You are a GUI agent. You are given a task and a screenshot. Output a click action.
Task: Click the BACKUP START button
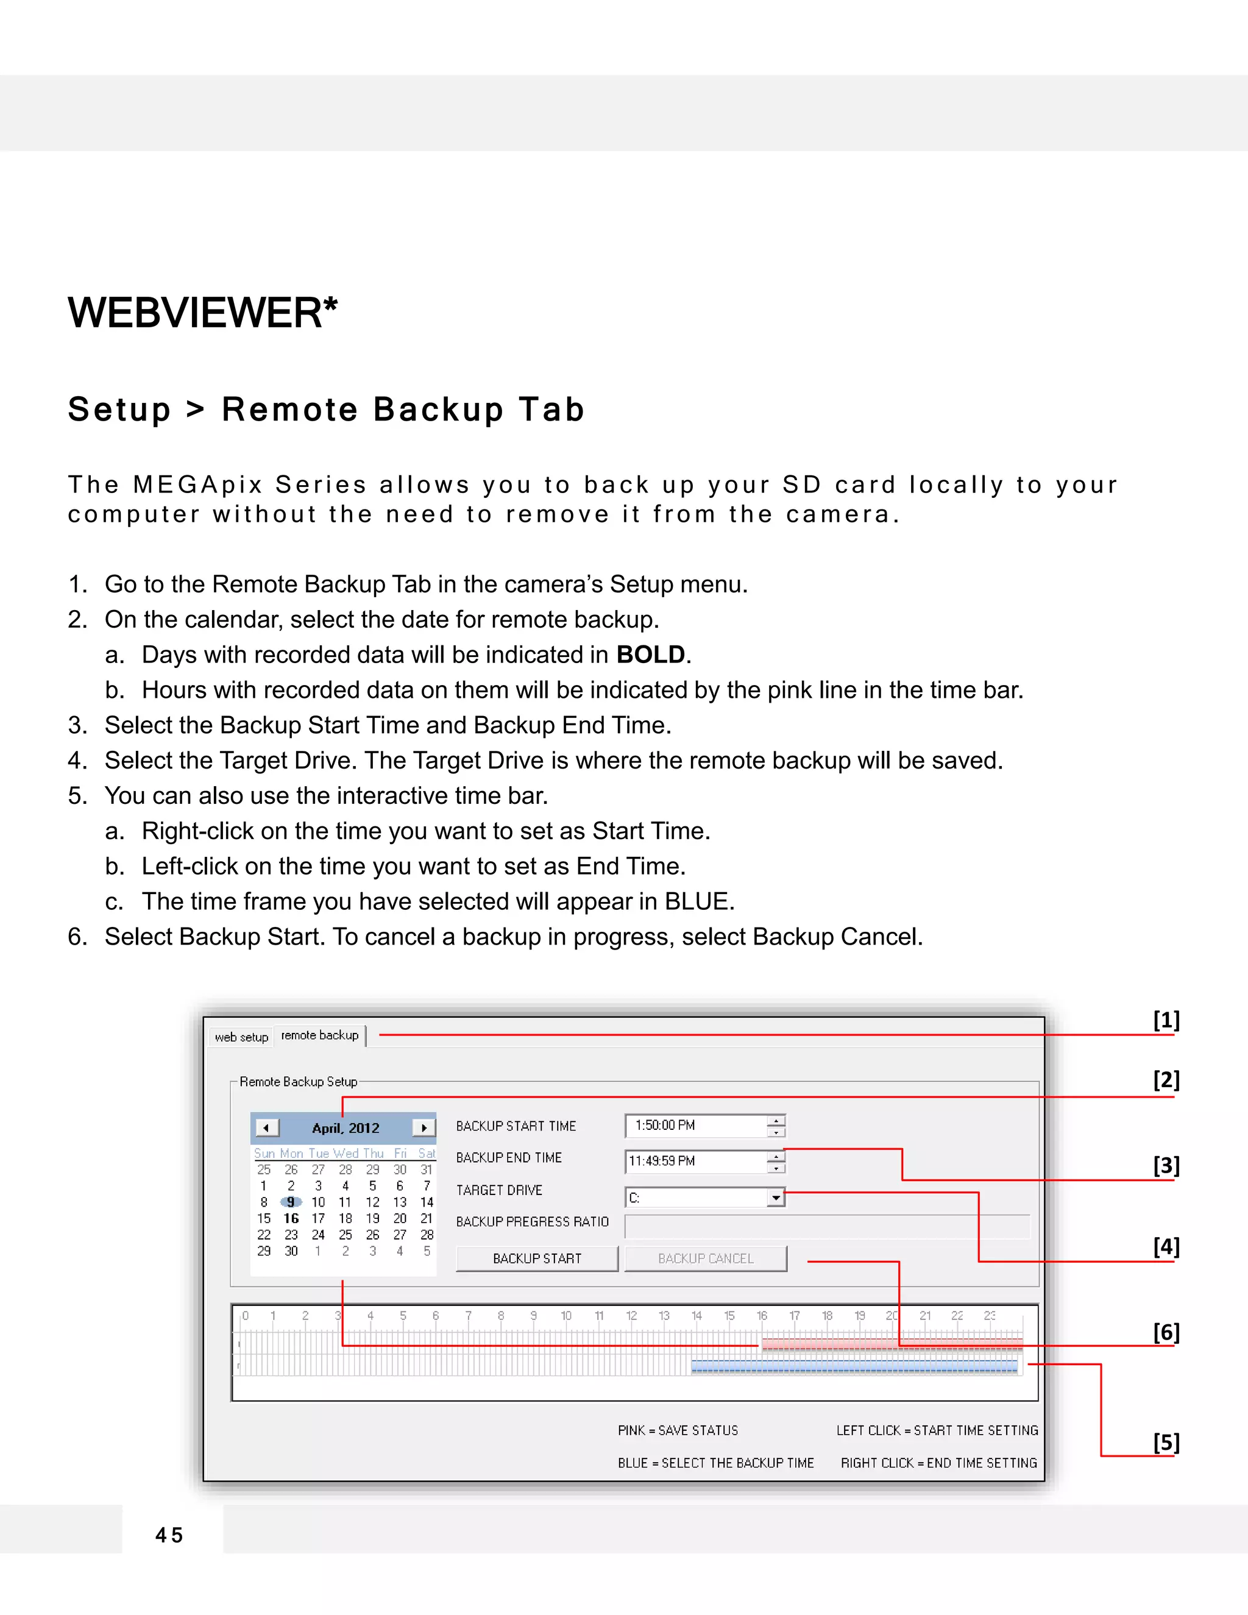coord(537,1258)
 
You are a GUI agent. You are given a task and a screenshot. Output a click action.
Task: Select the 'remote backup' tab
coord(319,1035)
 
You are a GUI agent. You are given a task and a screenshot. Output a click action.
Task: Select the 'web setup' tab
coord(241,1037)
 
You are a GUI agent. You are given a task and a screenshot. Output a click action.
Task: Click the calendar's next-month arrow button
coord(424,1127)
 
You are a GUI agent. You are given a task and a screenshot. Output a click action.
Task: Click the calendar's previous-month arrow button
coord(266,1127)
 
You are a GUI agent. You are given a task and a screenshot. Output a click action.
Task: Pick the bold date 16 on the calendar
coord(291,1218)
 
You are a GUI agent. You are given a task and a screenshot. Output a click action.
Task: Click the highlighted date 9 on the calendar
coord(291,1202)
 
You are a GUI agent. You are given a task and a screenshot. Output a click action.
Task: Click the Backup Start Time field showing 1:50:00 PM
coord(695,1126)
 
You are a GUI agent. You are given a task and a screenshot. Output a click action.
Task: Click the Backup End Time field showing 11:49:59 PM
coord(695,1161)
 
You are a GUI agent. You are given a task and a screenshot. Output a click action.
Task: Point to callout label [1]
coord(1166,1020)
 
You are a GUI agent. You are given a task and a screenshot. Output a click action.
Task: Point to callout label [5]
coord(1166,1442)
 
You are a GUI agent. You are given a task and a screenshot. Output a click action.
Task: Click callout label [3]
coord(1166,1165)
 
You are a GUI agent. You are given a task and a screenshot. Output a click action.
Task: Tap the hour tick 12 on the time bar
coord(631,1316)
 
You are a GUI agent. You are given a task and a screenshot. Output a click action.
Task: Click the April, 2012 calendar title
coord(346,1127)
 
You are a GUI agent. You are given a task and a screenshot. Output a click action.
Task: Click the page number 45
coord(169,1535)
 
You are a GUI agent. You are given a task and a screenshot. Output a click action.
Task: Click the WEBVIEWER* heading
coord(202,312)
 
